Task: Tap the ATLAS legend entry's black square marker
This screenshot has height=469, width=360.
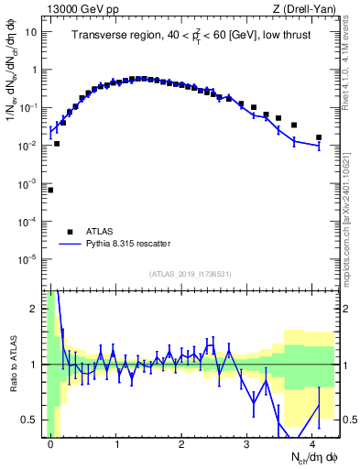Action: [x=69, y=232]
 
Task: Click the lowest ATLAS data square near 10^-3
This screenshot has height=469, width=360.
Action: [x=50, y=190]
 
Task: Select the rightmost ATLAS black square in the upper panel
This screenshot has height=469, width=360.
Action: [x=319, y=137]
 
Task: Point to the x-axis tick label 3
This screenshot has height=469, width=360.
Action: [x=247, y=443]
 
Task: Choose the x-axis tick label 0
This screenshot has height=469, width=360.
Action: [x=50, y=443]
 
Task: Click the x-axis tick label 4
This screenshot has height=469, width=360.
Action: [x=312, y=443]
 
